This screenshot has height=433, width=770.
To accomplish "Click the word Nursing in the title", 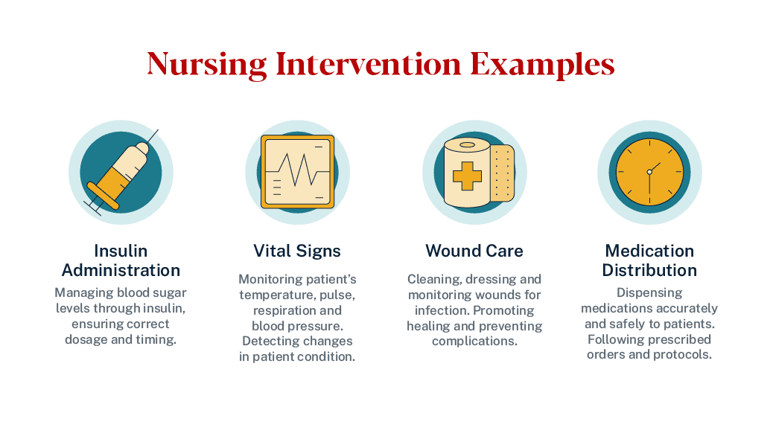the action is [207, 65].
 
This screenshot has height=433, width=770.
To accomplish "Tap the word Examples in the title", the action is [542, 65].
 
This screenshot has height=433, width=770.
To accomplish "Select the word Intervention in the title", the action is [369, 64].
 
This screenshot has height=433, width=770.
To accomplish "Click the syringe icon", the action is [121, 173].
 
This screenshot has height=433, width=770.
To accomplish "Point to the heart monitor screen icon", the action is [298, 172].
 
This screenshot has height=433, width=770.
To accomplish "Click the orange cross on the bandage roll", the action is [467, 176].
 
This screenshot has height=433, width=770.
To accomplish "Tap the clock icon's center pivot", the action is [649, 172].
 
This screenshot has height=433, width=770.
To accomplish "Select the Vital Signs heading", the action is [297, 251].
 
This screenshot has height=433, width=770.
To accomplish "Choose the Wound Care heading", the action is [474, 251].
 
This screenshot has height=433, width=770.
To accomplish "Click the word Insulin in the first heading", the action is [121, 251].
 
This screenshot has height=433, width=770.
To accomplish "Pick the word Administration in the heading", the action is [121, 270].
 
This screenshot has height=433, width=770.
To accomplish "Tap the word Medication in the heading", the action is [649, 251].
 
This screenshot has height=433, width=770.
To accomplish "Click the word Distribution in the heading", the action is [649, 270].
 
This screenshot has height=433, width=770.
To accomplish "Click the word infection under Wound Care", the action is [442, 310].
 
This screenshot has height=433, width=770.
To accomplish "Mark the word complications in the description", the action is [475, 341].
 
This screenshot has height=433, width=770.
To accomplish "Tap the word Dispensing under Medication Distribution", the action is [649, 293].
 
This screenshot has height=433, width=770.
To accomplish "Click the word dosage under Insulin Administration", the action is [86, 340].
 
